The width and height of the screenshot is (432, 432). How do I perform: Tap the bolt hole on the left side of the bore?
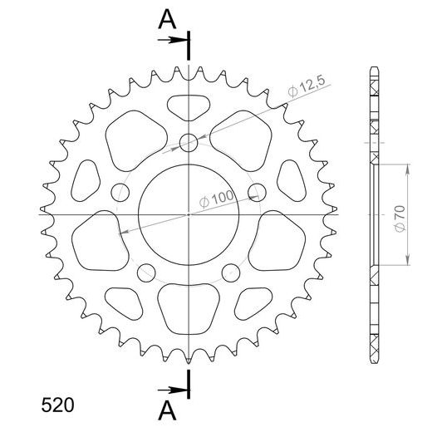pos(121,192)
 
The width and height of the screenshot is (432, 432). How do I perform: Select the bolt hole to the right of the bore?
pos(257,192)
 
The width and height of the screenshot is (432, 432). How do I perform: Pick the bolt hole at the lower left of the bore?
pos(147,271)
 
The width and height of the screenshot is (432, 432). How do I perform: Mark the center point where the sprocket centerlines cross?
pos(189,214)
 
